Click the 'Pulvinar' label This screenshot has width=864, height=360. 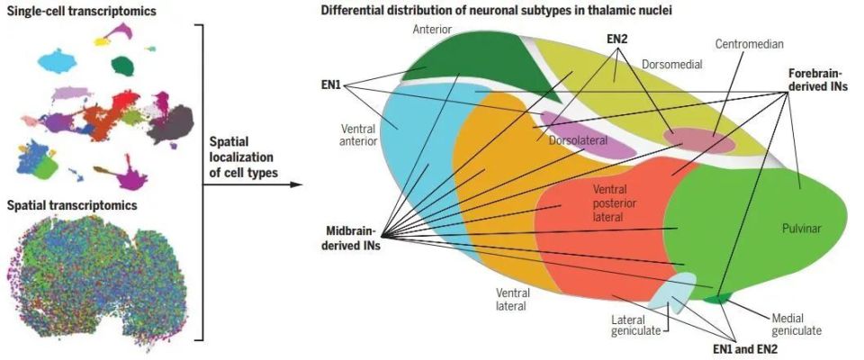tap(801, 229)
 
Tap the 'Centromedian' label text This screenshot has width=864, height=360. tap(749, 44)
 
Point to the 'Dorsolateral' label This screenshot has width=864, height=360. tap(578, 140)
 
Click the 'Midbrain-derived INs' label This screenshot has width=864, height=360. tap(353, 238)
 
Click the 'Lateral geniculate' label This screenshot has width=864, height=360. tap(636, 325)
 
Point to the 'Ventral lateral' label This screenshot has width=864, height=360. tap(512, 300)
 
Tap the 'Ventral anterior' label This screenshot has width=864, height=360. tap(358, 135)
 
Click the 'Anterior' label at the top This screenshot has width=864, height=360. tap(432, 29)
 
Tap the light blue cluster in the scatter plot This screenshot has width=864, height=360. tap(58, 60)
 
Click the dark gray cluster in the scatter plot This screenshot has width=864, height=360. tap(170, 124)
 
